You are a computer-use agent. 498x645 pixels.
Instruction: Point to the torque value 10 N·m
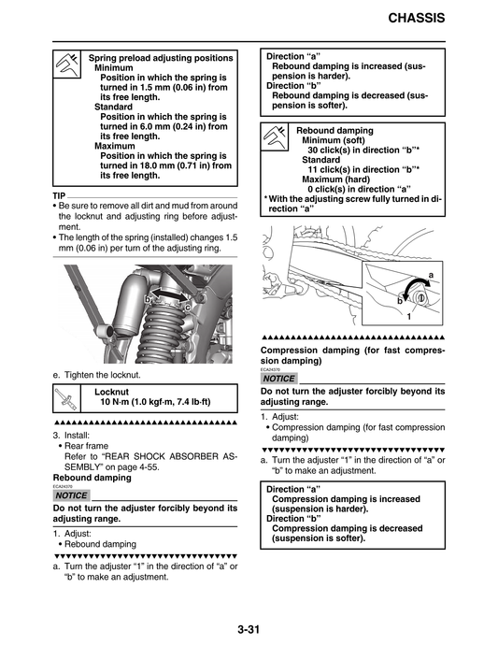click(x=121, y=403)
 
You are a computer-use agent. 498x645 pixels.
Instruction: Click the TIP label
click(x=61, y=195)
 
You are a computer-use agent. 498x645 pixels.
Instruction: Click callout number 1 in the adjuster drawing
click(x=408, y=318)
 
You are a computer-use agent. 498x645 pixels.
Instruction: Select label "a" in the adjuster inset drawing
click(x=431, y=274)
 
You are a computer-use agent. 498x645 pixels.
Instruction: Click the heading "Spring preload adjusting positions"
click(x=161, y=58)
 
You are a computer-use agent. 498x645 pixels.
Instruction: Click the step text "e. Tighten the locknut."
click(x=97, y=375)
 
